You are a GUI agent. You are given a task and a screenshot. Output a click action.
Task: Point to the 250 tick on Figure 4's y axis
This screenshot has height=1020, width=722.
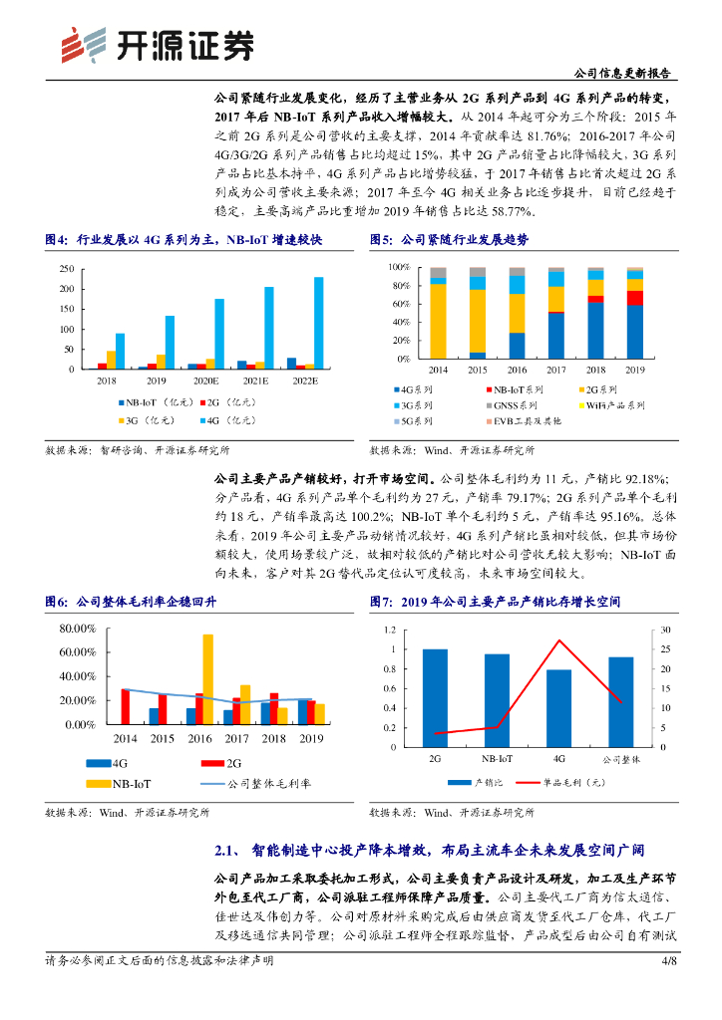pos(66,269)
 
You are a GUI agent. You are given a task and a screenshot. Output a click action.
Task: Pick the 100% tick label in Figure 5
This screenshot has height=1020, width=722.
pos(398,268)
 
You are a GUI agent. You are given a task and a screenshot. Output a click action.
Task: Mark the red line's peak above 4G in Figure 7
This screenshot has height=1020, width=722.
pos(559,640)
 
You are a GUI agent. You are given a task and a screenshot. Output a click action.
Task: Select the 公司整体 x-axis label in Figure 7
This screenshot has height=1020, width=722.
pos(620,759)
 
